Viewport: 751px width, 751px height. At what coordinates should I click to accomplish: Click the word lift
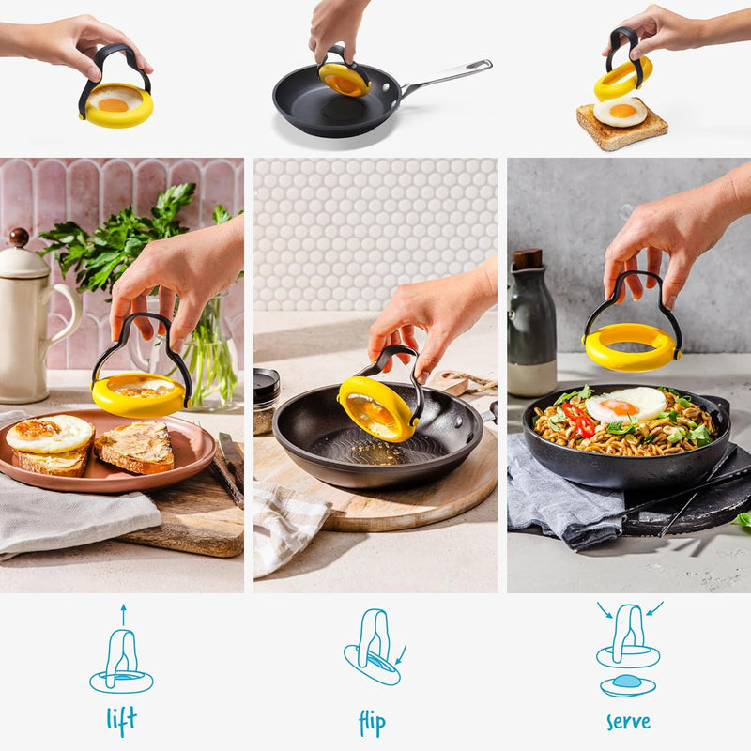pos(121,720)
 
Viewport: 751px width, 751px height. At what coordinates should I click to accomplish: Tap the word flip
pos(372,722)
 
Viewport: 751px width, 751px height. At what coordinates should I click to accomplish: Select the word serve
pos(628,722)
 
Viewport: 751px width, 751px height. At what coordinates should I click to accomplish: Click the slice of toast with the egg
pos(621,126)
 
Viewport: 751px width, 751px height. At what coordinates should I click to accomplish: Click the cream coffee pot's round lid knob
pos(19,238)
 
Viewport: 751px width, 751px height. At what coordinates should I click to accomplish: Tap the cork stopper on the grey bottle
pos(529,258)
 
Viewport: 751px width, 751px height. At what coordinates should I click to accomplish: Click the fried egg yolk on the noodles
pos(618,407)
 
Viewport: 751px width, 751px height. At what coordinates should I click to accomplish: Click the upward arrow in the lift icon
pos(122,615)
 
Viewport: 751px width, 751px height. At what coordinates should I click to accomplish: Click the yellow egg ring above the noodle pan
pos(631,347)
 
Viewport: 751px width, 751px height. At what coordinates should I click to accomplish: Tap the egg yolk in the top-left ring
pos(114,104)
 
